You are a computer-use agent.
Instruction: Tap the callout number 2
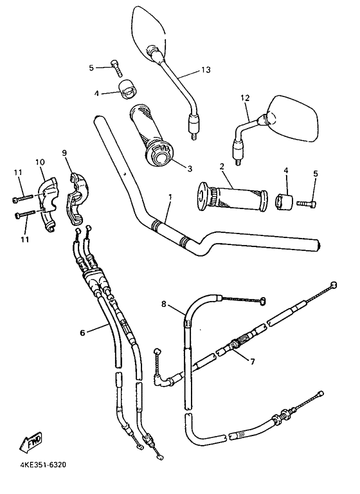pyautogui.click(x=221, y=166)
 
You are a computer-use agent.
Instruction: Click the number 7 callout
pyautogui.click(x=253, y=361)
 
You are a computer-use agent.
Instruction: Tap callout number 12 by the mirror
pyautogui.click(x=244, y=98)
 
